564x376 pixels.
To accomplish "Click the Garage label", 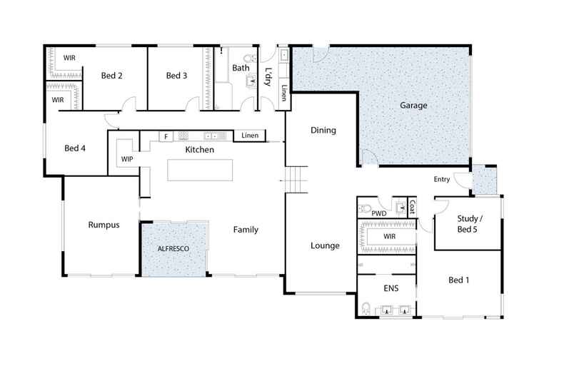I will click(x=413, y=106).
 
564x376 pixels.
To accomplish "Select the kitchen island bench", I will click(x=200, y=171).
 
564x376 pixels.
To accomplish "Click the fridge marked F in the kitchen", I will click(x=165, y=136).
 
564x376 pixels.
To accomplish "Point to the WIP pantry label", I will click(x=128, y=158).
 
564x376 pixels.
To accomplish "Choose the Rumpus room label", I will click(x=103, y=225).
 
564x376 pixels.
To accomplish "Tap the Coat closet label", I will click(x=412, y=206).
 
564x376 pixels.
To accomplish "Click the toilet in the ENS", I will click(x=366, y=309).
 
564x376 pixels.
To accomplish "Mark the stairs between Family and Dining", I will click(x=296, y=178).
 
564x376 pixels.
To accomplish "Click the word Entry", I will click(x=441, y=179).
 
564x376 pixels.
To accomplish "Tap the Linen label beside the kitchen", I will click(x=249, y=136).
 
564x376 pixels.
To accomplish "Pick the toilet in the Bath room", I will click(x=247, y=60).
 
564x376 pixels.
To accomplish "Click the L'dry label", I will click(x=268, y=76).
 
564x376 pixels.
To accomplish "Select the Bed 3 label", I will click(x=176, y=76).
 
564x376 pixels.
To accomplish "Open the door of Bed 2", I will click(x=128, y=107).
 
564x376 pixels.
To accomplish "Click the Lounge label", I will click(x=325, y=245).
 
